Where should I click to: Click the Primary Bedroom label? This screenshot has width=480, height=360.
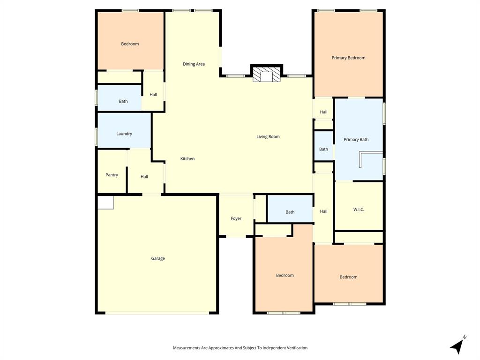pos(348,58)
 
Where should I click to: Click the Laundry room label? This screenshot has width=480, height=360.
pos(124,134)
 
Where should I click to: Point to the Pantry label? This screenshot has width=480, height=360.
pos(112,175)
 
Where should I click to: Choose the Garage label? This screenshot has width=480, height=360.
pos(158,258)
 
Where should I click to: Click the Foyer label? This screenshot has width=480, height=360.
pos(236,218)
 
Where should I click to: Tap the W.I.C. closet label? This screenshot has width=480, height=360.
pos(359,209)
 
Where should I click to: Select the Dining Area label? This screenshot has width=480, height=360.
pos(194,64)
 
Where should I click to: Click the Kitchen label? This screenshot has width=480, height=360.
pos(187,158)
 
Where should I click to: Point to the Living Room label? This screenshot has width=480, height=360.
pos(268,136)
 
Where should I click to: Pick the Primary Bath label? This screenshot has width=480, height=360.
pos(356,139)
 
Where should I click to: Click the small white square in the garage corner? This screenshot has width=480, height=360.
pos(105,202)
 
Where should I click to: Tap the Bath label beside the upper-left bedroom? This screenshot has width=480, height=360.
pos(123,101)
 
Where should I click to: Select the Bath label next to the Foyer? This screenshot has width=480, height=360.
pos(290,212)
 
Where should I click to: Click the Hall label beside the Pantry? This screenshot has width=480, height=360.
pos(144,177)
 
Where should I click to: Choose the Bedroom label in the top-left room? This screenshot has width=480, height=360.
pos(130,44)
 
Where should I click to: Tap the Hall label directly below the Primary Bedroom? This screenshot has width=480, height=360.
pos(323,112)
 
